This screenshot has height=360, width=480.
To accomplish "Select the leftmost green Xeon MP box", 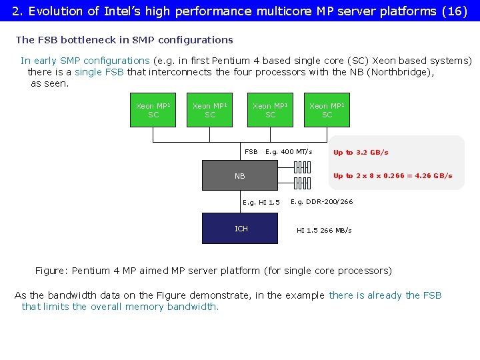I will [153, 110].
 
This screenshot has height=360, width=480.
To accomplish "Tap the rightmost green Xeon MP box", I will [327, 110].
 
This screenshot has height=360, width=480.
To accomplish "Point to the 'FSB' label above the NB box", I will [251, 152].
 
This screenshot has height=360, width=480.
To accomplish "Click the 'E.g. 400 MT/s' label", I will [289, 152].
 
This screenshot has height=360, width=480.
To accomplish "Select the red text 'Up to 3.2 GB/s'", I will [361, 153].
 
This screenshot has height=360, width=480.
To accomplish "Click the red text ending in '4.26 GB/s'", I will [393, 176].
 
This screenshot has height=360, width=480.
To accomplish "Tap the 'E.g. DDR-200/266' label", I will [322, 202].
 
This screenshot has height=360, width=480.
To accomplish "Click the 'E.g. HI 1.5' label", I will [261, 203].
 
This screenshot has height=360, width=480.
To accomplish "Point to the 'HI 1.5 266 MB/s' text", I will [324, 231].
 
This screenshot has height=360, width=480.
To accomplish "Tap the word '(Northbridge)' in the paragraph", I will [399, 72].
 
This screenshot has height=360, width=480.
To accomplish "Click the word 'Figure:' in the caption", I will [51, 271].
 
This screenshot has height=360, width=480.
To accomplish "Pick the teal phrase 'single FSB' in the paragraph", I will [99, 72].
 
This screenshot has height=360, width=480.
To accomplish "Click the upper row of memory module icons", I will [302, 167].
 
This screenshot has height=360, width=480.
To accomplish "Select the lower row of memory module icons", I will [302, 183].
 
